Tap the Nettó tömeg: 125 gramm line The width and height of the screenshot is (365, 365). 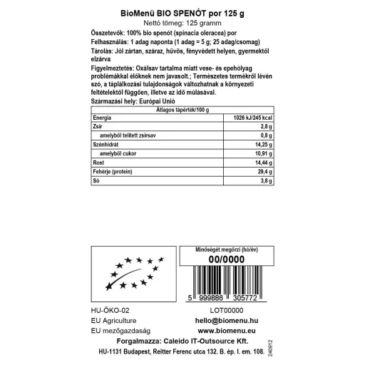pos(182,23)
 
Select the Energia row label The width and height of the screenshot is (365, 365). pos(103,117)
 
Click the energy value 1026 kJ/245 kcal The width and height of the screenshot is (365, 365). pos(248,117)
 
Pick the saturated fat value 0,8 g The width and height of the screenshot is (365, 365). pos(264,135)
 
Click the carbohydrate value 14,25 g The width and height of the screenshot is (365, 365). pos(262,144)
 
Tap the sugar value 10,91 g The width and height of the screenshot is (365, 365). pos(262,153)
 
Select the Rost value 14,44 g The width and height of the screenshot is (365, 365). pos(262,163)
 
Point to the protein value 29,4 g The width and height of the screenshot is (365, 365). pos(263,172)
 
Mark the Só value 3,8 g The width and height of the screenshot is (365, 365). pos(264,181)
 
